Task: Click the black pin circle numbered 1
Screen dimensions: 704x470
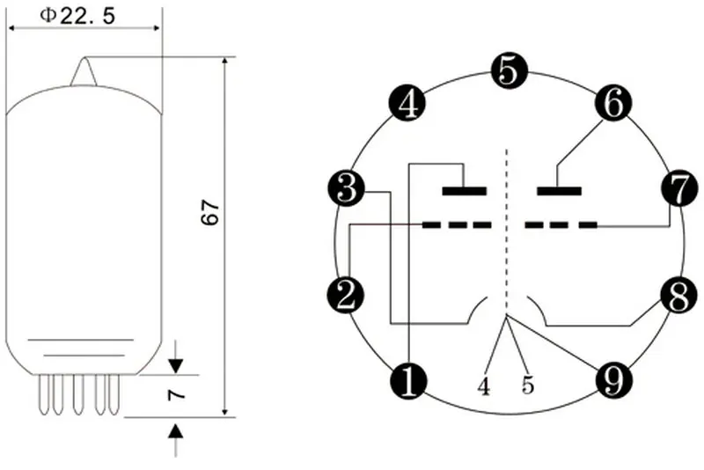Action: click(x=408, y=382)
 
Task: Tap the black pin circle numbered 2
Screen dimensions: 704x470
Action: click(x=345, y=296)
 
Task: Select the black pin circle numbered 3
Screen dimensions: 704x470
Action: click(x=347, y=188)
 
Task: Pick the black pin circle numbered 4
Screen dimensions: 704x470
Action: click(x=407, y=103)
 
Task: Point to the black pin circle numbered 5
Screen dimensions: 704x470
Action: click(x=509, y=71)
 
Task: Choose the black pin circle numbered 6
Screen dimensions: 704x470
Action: click(x=613, y=103)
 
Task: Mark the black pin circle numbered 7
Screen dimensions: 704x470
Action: click(x=679, y=188)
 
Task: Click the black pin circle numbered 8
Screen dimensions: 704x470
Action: click(x=678, y=296)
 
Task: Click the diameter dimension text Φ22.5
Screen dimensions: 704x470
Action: click(x=77, y=16)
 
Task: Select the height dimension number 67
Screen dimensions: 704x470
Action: click(x=210, y=212)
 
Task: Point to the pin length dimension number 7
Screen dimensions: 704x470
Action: click(x=176, y=394)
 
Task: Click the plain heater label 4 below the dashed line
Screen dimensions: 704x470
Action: click(x=483, y=386)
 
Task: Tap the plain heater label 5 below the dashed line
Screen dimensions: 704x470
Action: click(x=528, y=386)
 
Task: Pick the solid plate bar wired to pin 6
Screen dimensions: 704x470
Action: click(x=559, y=191)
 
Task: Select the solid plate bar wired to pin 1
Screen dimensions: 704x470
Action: click(x=465, y=191)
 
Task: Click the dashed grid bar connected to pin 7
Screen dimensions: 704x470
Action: click(x=561, y=224)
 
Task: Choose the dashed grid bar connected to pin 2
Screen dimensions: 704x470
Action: click(x=456, y=224)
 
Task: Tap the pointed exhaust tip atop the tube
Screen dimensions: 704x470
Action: click(x=84, y=71)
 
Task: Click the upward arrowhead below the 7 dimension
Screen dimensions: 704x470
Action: click(x=177, y=431)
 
